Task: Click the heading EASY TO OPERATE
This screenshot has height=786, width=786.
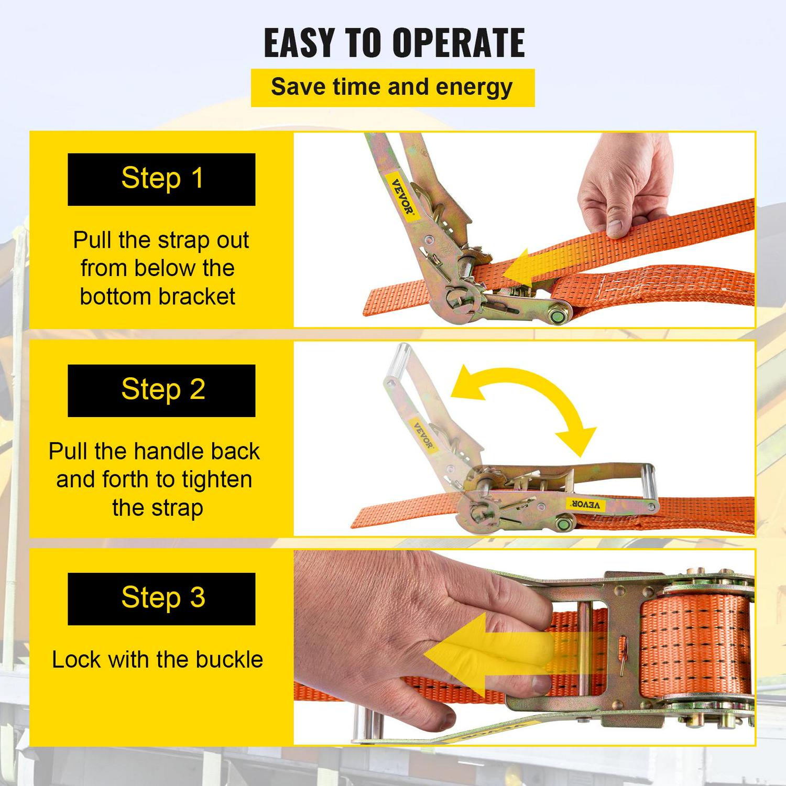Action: pyautogui.click(x=394, y=42)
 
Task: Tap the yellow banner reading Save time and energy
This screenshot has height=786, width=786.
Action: pyautogui.click(x=392, y=88)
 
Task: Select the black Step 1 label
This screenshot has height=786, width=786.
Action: pyautogui.click(x=161, y=179)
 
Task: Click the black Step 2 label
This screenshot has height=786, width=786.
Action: pyautogui.click(x=161, y=390)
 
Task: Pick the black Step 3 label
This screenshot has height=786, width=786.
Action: pyautogui.click(x=161, y=598)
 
